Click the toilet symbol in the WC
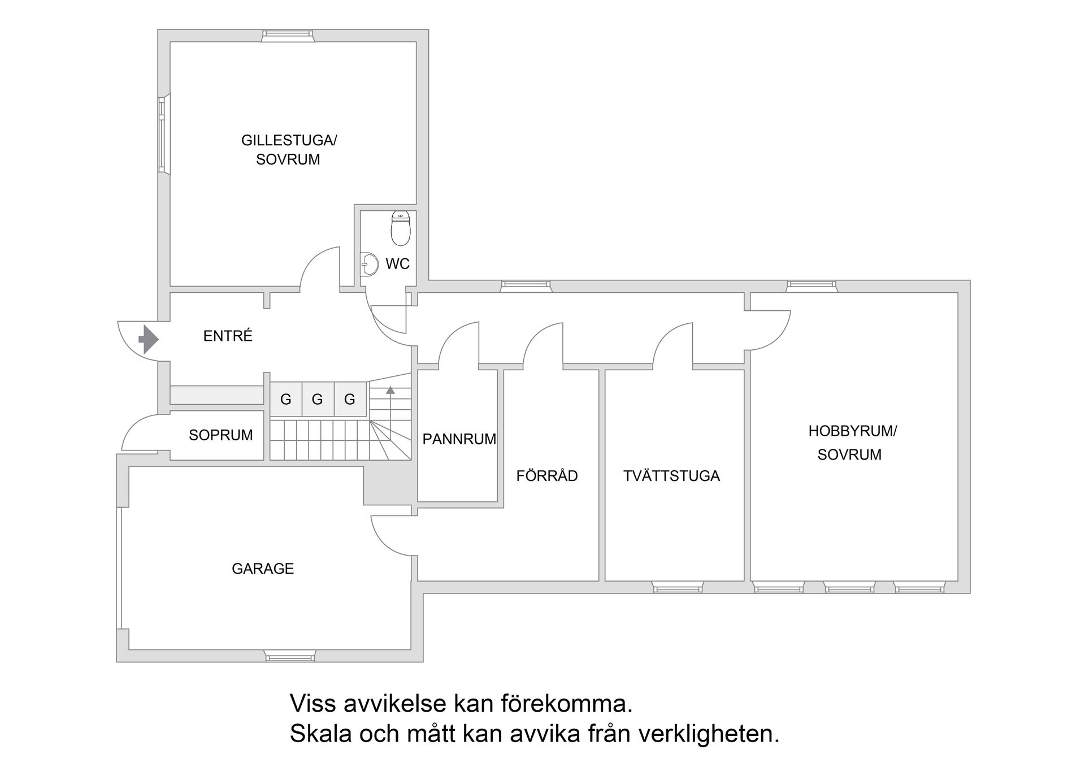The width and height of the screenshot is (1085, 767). pos(401,229)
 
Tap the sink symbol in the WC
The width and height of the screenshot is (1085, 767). pos(370,264)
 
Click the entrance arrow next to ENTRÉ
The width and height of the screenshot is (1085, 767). pos(149,339)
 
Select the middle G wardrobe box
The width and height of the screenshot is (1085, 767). pos(318,400)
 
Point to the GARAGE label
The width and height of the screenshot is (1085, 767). pos(263,569)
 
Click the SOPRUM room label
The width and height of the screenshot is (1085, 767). pos(220,435)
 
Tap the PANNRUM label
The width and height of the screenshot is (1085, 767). pos(459,439)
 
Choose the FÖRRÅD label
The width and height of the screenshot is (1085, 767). pos(546,476)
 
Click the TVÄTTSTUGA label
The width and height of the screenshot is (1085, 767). pos(671,476)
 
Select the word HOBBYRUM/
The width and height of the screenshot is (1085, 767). pos(852,431)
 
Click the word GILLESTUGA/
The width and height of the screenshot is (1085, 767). pos(289,140)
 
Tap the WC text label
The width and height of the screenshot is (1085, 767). pos(397,264)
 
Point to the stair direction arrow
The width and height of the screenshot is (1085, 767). pos(390,390)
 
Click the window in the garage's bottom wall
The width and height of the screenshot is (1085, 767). pos(290,657)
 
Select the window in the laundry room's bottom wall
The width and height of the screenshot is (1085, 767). pos(678,588)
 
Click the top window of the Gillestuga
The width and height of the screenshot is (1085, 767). pos(288,35)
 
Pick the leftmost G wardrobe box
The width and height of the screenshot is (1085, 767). pos(285,400)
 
